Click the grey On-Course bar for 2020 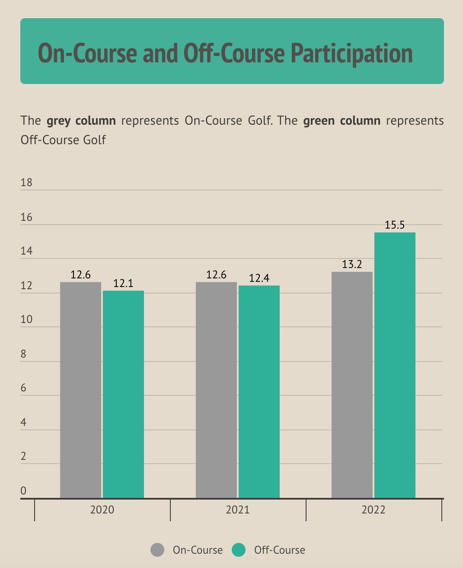pos(80,390)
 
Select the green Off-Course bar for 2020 pos(123,394)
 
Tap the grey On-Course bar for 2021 pos(216,390)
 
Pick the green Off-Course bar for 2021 pos(259,392)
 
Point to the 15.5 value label pos(395,225)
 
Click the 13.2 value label pos(352,264)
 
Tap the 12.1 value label pos(123,284)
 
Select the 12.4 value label pos(259,278)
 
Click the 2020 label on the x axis pos(102,510)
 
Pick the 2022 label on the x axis pos(374,510)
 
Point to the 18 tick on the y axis pos(26,182)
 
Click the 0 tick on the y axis pos(23,491)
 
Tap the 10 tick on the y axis pos(26,319)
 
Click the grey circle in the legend pos(157,550)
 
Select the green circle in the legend pos(239,550)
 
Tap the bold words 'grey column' pos(81,120)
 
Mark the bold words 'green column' pos(342,120)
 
